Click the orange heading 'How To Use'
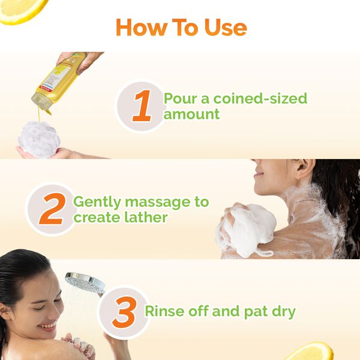(181, 28)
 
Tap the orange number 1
(142, 106)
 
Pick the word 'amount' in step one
(192, 114)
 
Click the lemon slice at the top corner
(22, 9)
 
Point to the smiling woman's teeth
(47, 328)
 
